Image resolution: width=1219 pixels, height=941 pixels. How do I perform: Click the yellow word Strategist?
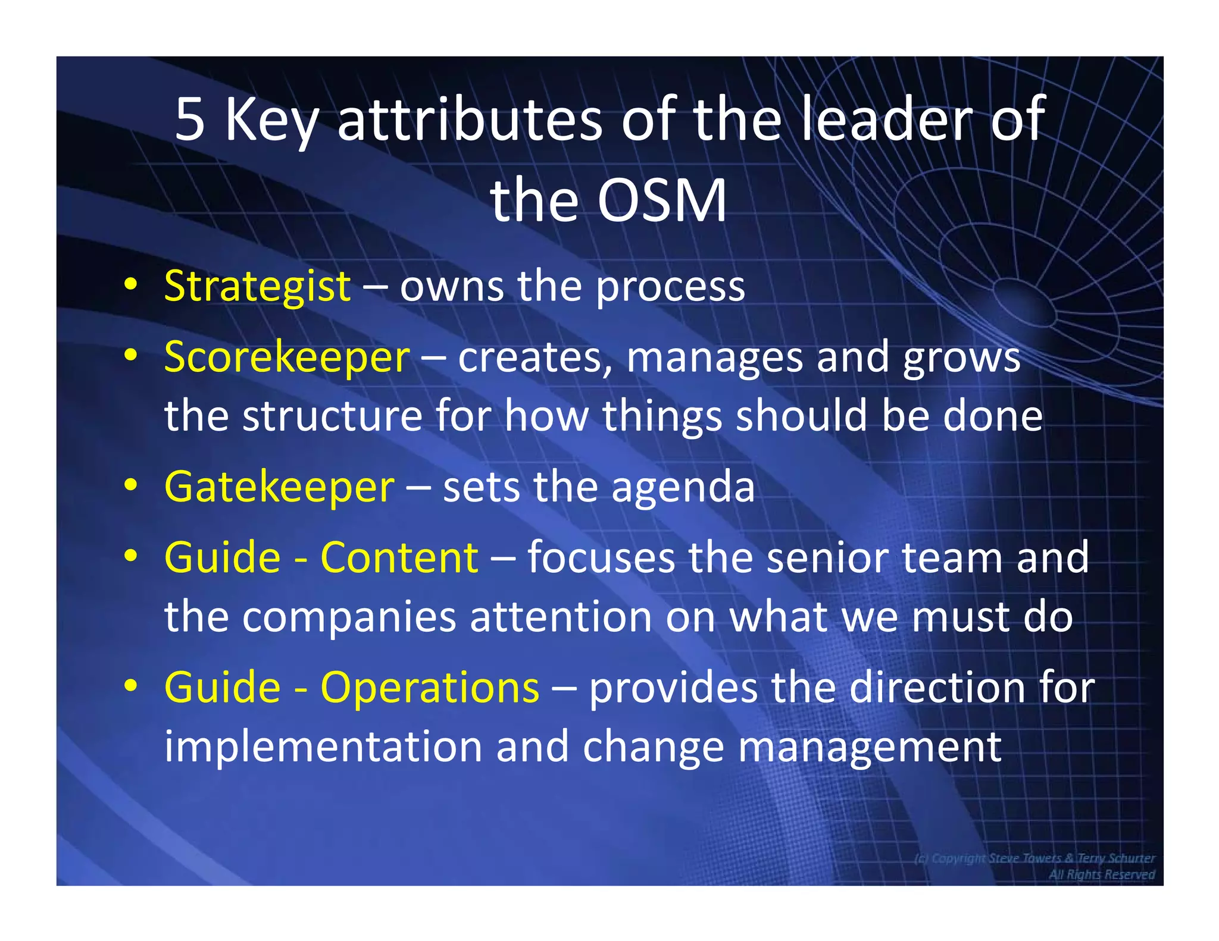pyautogui.click(x=257, y=287)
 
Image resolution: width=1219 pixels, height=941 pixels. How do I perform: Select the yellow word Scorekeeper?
pyautogui.click(x=287, y=357)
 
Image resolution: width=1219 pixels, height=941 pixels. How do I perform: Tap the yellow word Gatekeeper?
pyautogui.click(x=279, y=487)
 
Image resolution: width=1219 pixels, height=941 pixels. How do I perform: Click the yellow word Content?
pyautogui.click(x=399, y=557)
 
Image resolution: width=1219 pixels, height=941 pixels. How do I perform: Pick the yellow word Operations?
pyautogui.click(x=430, y=688)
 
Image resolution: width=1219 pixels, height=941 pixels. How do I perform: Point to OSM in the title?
pyautogui.click(x=662, y=200)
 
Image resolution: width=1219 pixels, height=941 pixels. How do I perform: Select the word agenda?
pyautogui.click(x=683, y=487)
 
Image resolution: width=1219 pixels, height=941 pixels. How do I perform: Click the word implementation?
pyautogui.click(x=323, y=746)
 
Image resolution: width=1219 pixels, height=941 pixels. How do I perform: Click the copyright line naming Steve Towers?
pyautogui.click(x=1034, y=858)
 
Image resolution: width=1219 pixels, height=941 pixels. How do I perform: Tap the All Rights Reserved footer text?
pyautogui.click(x=1101, y=874)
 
